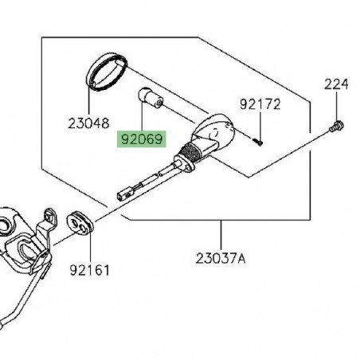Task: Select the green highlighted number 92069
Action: (140, 139)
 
